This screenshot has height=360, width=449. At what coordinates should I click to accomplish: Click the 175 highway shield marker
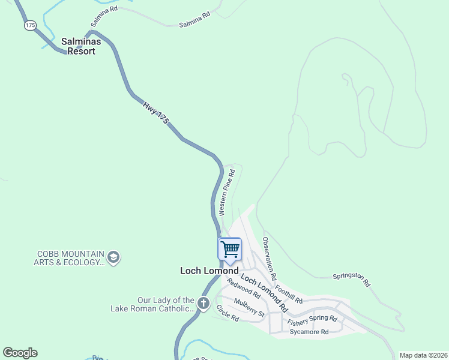click(x=31, y=25)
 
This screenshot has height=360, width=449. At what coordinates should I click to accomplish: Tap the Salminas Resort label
click(x=87, y=46)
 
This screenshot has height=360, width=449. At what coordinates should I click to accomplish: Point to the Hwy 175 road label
click(x=155, y=112)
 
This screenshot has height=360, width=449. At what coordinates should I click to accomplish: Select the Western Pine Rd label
click(x=226, y=192)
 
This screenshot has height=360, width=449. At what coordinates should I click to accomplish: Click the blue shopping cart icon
click(x=230, y=249)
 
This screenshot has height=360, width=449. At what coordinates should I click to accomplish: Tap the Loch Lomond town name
click(x=209, y=271)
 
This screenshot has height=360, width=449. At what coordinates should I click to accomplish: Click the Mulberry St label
click(x=249, y=307)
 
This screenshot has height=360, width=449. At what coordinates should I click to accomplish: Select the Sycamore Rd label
click(x=309, y=332)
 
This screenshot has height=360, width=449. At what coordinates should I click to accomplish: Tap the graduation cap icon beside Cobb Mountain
click(x=113, y=258)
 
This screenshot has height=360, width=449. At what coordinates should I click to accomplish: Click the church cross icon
click(x=203, y=304)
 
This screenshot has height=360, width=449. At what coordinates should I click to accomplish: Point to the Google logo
click(x=20, y=353)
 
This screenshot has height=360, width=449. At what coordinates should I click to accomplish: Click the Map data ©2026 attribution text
click(x=423, y=355)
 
